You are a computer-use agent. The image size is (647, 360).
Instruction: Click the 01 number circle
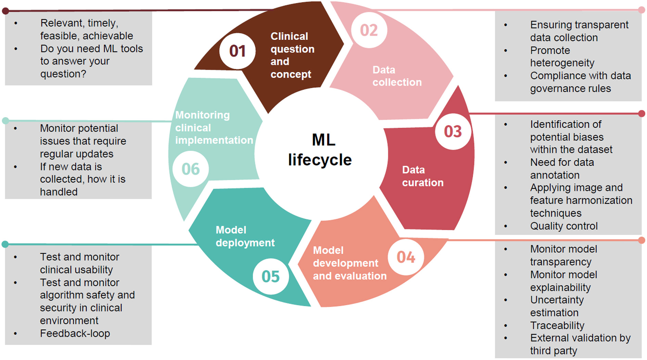[x=237, y=51]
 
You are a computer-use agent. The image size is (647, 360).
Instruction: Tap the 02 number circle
[x=369, y=30]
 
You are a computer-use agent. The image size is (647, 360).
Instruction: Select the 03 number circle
[x=453, y=132]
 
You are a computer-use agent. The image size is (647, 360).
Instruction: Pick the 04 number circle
[x=406, y=257]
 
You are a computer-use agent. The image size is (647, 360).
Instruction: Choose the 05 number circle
[x=270, y=276]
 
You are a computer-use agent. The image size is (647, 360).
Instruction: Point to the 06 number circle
[x=190, y=169]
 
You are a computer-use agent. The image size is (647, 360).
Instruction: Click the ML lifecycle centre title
[x=320, y=150]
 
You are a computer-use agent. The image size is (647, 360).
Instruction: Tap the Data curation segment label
[x=422, y=176]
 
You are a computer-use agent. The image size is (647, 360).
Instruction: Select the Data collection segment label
[x=397, y=76]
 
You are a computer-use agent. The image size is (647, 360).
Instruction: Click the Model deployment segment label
[x=245, y=236]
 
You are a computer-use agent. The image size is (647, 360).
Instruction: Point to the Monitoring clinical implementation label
[x=214, y=127]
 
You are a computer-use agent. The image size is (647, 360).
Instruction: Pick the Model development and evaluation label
[x=349, y=263]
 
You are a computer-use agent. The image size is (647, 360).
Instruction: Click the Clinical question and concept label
[x=292, y=55]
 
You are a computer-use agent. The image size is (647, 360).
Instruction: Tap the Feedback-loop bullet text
[x=75, y=333]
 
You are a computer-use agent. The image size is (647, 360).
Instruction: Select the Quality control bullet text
[x=564, y=226]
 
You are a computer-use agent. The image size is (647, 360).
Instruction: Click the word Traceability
[x=557, y=325]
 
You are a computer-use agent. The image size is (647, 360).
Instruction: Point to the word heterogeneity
[x=562, y=63]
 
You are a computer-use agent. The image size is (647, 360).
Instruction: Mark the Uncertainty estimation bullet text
[x=557, y=306]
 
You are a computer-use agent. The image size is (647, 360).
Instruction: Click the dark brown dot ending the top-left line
[x=5, y=11]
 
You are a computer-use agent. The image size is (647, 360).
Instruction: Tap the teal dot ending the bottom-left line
[x=5, y=244]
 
